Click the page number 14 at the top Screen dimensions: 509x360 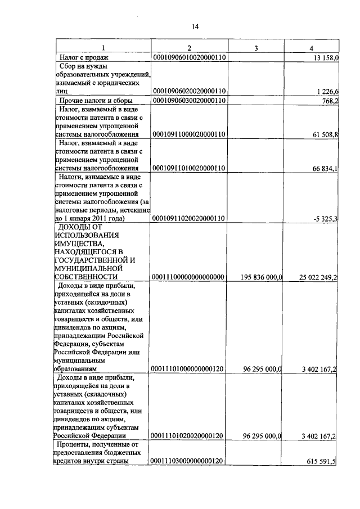pos(195,26)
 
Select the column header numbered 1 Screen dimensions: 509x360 pos(102,48)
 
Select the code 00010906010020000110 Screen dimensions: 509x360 pos(189,57)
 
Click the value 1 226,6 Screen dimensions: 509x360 pos(326,91)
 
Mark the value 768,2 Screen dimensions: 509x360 pos(328,101)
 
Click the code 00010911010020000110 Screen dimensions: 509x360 pos(189,168)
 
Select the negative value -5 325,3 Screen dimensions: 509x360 pos(325,218)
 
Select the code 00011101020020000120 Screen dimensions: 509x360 pos(189,436)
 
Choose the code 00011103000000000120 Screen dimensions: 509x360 pos(189,461)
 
